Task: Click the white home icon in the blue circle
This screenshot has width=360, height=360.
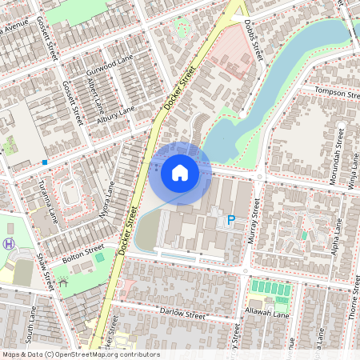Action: pos(180,173)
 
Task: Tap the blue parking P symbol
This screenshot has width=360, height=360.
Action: pos(231,220)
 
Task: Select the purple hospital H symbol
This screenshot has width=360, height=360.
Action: pos(9,244)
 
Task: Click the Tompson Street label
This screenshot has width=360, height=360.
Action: pos(338,93)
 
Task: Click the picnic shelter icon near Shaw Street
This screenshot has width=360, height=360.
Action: pos(63,282)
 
